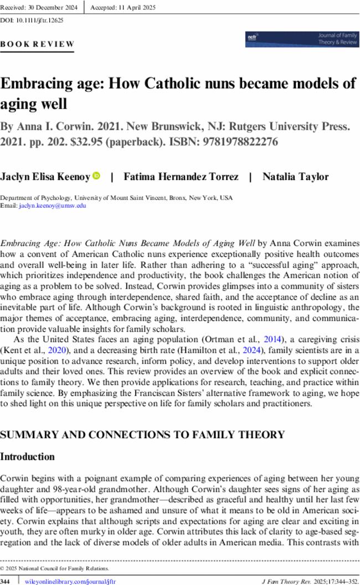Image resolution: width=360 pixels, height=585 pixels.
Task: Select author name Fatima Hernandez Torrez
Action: tap(180, 177)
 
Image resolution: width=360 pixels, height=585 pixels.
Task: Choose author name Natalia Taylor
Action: tap(287, 177)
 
